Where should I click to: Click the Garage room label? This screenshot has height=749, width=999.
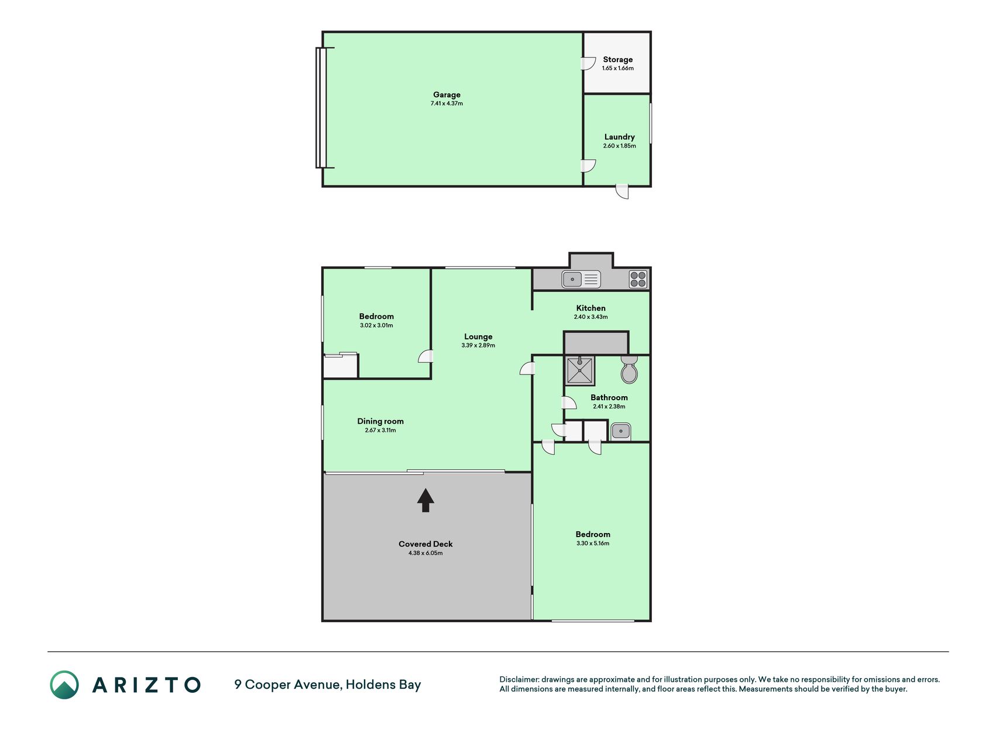pos(447,95)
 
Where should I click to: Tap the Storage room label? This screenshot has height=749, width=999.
pos(618,60)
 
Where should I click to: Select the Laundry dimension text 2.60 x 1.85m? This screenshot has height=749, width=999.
pos(620,146)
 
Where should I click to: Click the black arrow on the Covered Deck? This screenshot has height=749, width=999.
pos(425,500)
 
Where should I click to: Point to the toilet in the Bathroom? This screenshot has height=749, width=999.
pos(629,369)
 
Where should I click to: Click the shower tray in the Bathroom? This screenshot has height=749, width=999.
pos(580,370)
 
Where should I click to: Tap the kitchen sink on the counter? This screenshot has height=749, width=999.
pos(581,280)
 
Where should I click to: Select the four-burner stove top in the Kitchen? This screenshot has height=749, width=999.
pos(638,279)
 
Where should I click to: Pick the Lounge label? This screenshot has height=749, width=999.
pos(478,336)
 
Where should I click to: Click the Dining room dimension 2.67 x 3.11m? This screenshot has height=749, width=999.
pos(380,430)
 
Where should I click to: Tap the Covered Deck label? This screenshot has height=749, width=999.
pos(425,544)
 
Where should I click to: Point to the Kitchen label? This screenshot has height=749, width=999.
pos(591,308)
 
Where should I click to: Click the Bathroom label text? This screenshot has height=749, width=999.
pos(609,398)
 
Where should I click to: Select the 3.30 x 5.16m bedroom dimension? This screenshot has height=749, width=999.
pos(593,544)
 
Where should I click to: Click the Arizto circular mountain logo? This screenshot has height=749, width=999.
pos(64,685)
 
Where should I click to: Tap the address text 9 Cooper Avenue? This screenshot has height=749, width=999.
pos(287,685)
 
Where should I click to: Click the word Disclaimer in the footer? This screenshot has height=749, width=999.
pos(519,679)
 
